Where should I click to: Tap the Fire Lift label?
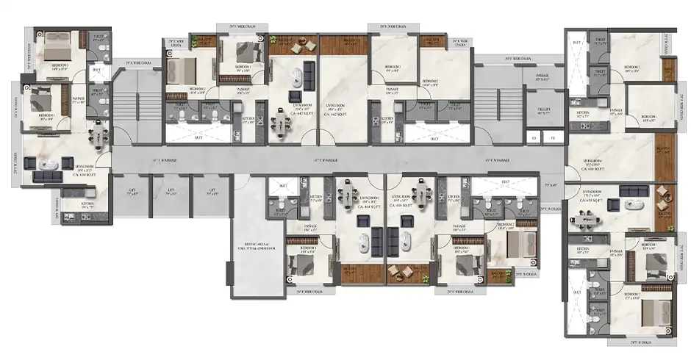pos(543,112)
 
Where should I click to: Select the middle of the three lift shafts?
pos(170,194)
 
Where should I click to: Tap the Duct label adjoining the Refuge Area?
pos(283,187)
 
